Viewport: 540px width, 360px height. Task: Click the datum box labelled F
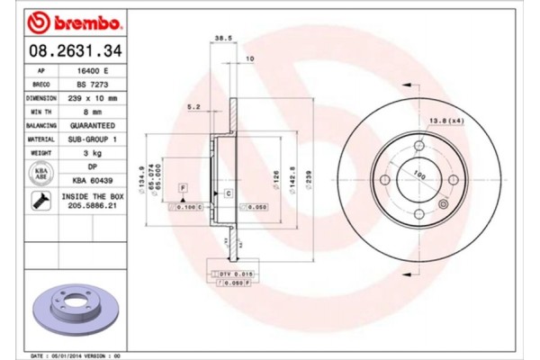click(x=183, y=186)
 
